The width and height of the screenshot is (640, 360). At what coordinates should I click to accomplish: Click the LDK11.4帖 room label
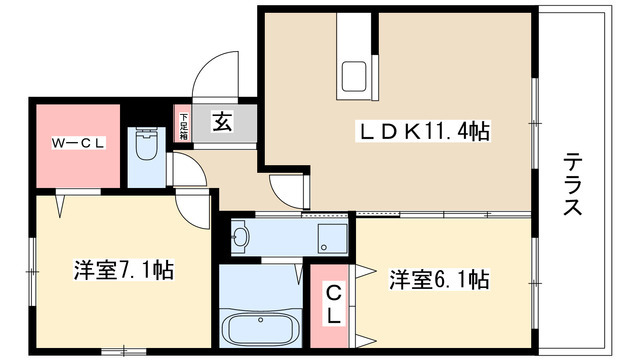point(425,132)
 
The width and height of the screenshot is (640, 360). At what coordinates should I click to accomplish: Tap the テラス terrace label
point(573,184)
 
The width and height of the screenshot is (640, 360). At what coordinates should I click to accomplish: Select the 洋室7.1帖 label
point(124,271)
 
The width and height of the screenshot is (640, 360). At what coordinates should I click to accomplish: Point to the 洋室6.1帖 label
point(439,279)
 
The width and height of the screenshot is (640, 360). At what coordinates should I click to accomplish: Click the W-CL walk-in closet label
point(79,143)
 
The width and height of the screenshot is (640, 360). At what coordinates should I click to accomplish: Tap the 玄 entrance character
point(222,124)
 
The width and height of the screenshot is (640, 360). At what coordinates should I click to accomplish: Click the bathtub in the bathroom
point(258,327)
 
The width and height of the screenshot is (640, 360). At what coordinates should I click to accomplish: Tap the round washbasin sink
point(240,237)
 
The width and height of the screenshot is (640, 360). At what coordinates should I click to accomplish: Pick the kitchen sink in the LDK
point(355,76)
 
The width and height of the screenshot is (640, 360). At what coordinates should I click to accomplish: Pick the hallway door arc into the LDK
point(284,187)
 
